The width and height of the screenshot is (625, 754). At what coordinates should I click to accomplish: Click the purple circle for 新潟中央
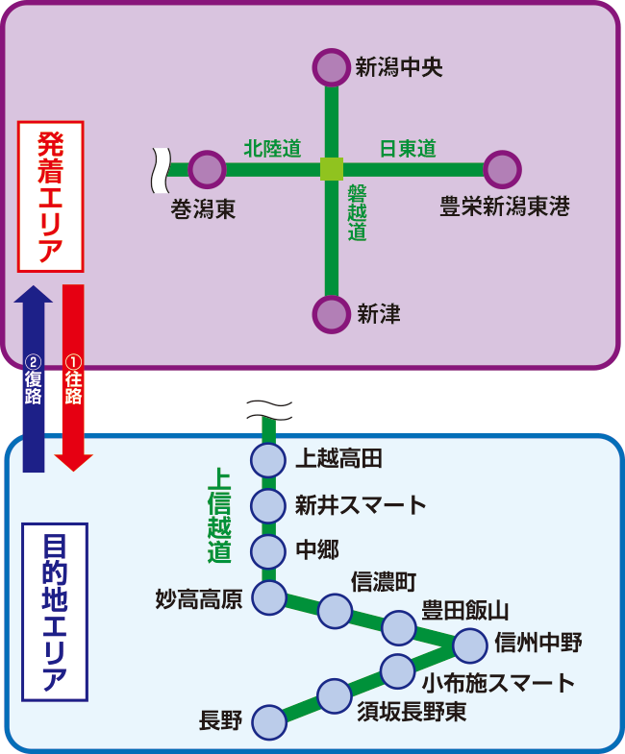click(x=331, y=67)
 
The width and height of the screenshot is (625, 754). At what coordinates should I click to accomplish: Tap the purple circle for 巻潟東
click(x=207, y=170)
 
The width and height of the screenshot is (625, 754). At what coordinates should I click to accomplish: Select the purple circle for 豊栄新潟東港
click(x=502, y=170)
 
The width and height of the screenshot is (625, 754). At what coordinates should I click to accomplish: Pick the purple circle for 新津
click(x=331, y=314)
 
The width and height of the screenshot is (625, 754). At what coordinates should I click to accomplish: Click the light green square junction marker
click(x=331, y=170)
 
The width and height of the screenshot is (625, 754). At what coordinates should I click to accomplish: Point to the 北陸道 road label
click(x=272, y=149)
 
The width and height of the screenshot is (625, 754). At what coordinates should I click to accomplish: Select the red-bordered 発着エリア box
click(x=51, y=196)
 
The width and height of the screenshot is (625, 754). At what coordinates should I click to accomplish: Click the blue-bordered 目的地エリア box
click(x=54, y=612)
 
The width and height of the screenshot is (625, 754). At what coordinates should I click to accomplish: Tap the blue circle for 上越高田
click(x=269, y=459)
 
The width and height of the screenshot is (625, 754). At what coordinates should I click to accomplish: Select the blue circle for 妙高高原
click(x=269, y=598)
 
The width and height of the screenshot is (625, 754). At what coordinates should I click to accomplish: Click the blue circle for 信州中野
click(x=470, y=646)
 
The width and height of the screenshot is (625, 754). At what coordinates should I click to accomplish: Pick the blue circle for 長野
click(x=269, y=719)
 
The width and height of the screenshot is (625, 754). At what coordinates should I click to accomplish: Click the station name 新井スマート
click(x=360, y=505)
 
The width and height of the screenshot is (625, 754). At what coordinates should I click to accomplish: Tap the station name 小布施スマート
click(x=499, y=683)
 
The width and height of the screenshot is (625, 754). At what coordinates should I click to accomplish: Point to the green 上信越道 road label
click(x=220, y=514)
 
